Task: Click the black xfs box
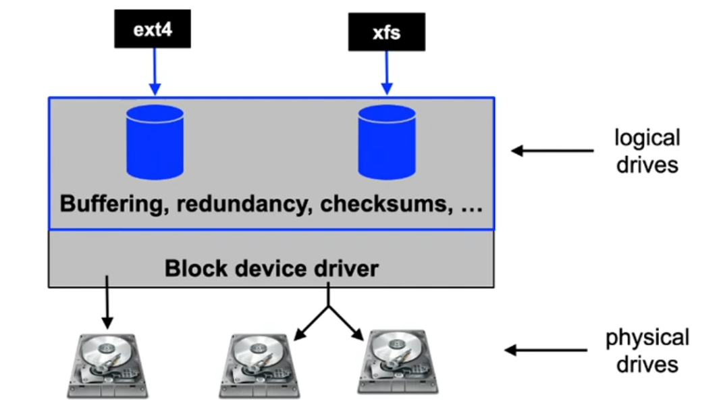(386, 32)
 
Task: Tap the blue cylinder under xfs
(386, 142)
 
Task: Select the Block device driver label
(271, 269)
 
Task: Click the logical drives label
(647, 151)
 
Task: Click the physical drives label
(647, 350)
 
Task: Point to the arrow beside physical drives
(547, 350)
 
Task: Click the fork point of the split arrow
(329, 307)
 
